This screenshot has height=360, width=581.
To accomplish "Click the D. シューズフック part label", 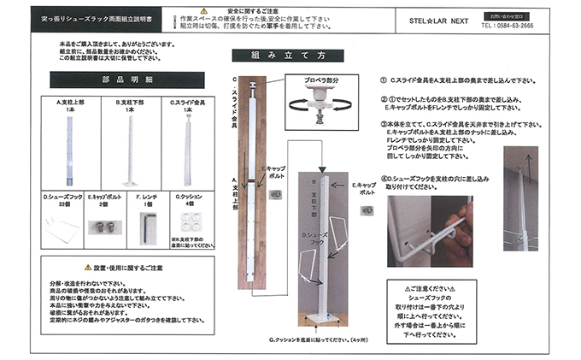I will click(x=63, y=198).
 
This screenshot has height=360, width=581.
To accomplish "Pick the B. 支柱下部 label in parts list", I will click(x=130, y=101).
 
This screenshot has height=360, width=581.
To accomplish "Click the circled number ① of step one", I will click(x=383, y=80).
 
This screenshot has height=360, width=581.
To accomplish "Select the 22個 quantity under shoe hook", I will click(x=63, y=205).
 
